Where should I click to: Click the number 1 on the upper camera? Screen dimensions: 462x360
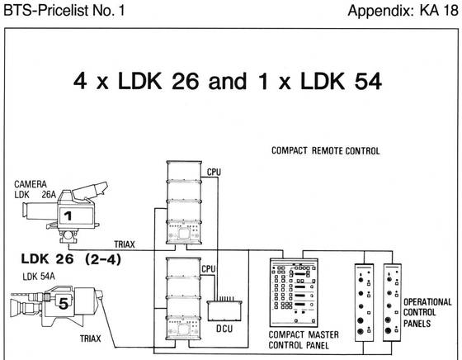click(68, 216)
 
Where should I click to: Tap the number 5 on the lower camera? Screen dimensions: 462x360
click(64, 303)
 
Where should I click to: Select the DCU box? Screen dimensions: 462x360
click(224, 310)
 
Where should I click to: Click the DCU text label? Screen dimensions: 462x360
click(224, 329)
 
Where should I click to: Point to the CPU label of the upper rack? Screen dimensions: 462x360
click(214, 173)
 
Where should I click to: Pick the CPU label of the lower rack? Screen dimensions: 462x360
click(209, 269)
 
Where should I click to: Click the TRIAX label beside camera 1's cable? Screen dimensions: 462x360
click(125, 244)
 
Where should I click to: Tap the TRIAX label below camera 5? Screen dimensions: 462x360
click(91, 339)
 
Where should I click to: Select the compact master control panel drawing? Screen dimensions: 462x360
click(294, 292)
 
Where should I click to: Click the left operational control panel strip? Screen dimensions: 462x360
click(364, 302)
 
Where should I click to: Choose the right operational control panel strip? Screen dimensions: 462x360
click(392, 302)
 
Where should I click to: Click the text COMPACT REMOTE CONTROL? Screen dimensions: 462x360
click(326, 150)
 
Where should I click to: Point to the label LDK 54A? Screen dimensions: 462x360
click(39, 277)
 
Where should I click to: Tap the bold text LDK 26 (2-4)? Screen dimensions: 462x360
click(71, 259)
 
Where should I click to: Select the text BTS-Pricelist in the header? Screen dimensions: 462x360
click(46, 10)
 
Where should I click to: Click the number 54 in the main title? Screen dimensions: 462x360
click(368, 81)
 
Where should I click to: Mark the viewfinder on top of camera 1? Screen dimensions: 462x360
click(90, 191)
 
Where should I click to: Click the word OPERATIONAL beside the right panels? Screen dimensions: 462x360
click(427, 302)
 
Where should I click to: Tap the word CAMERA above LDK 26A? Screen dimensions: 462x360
click(31, 184)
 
